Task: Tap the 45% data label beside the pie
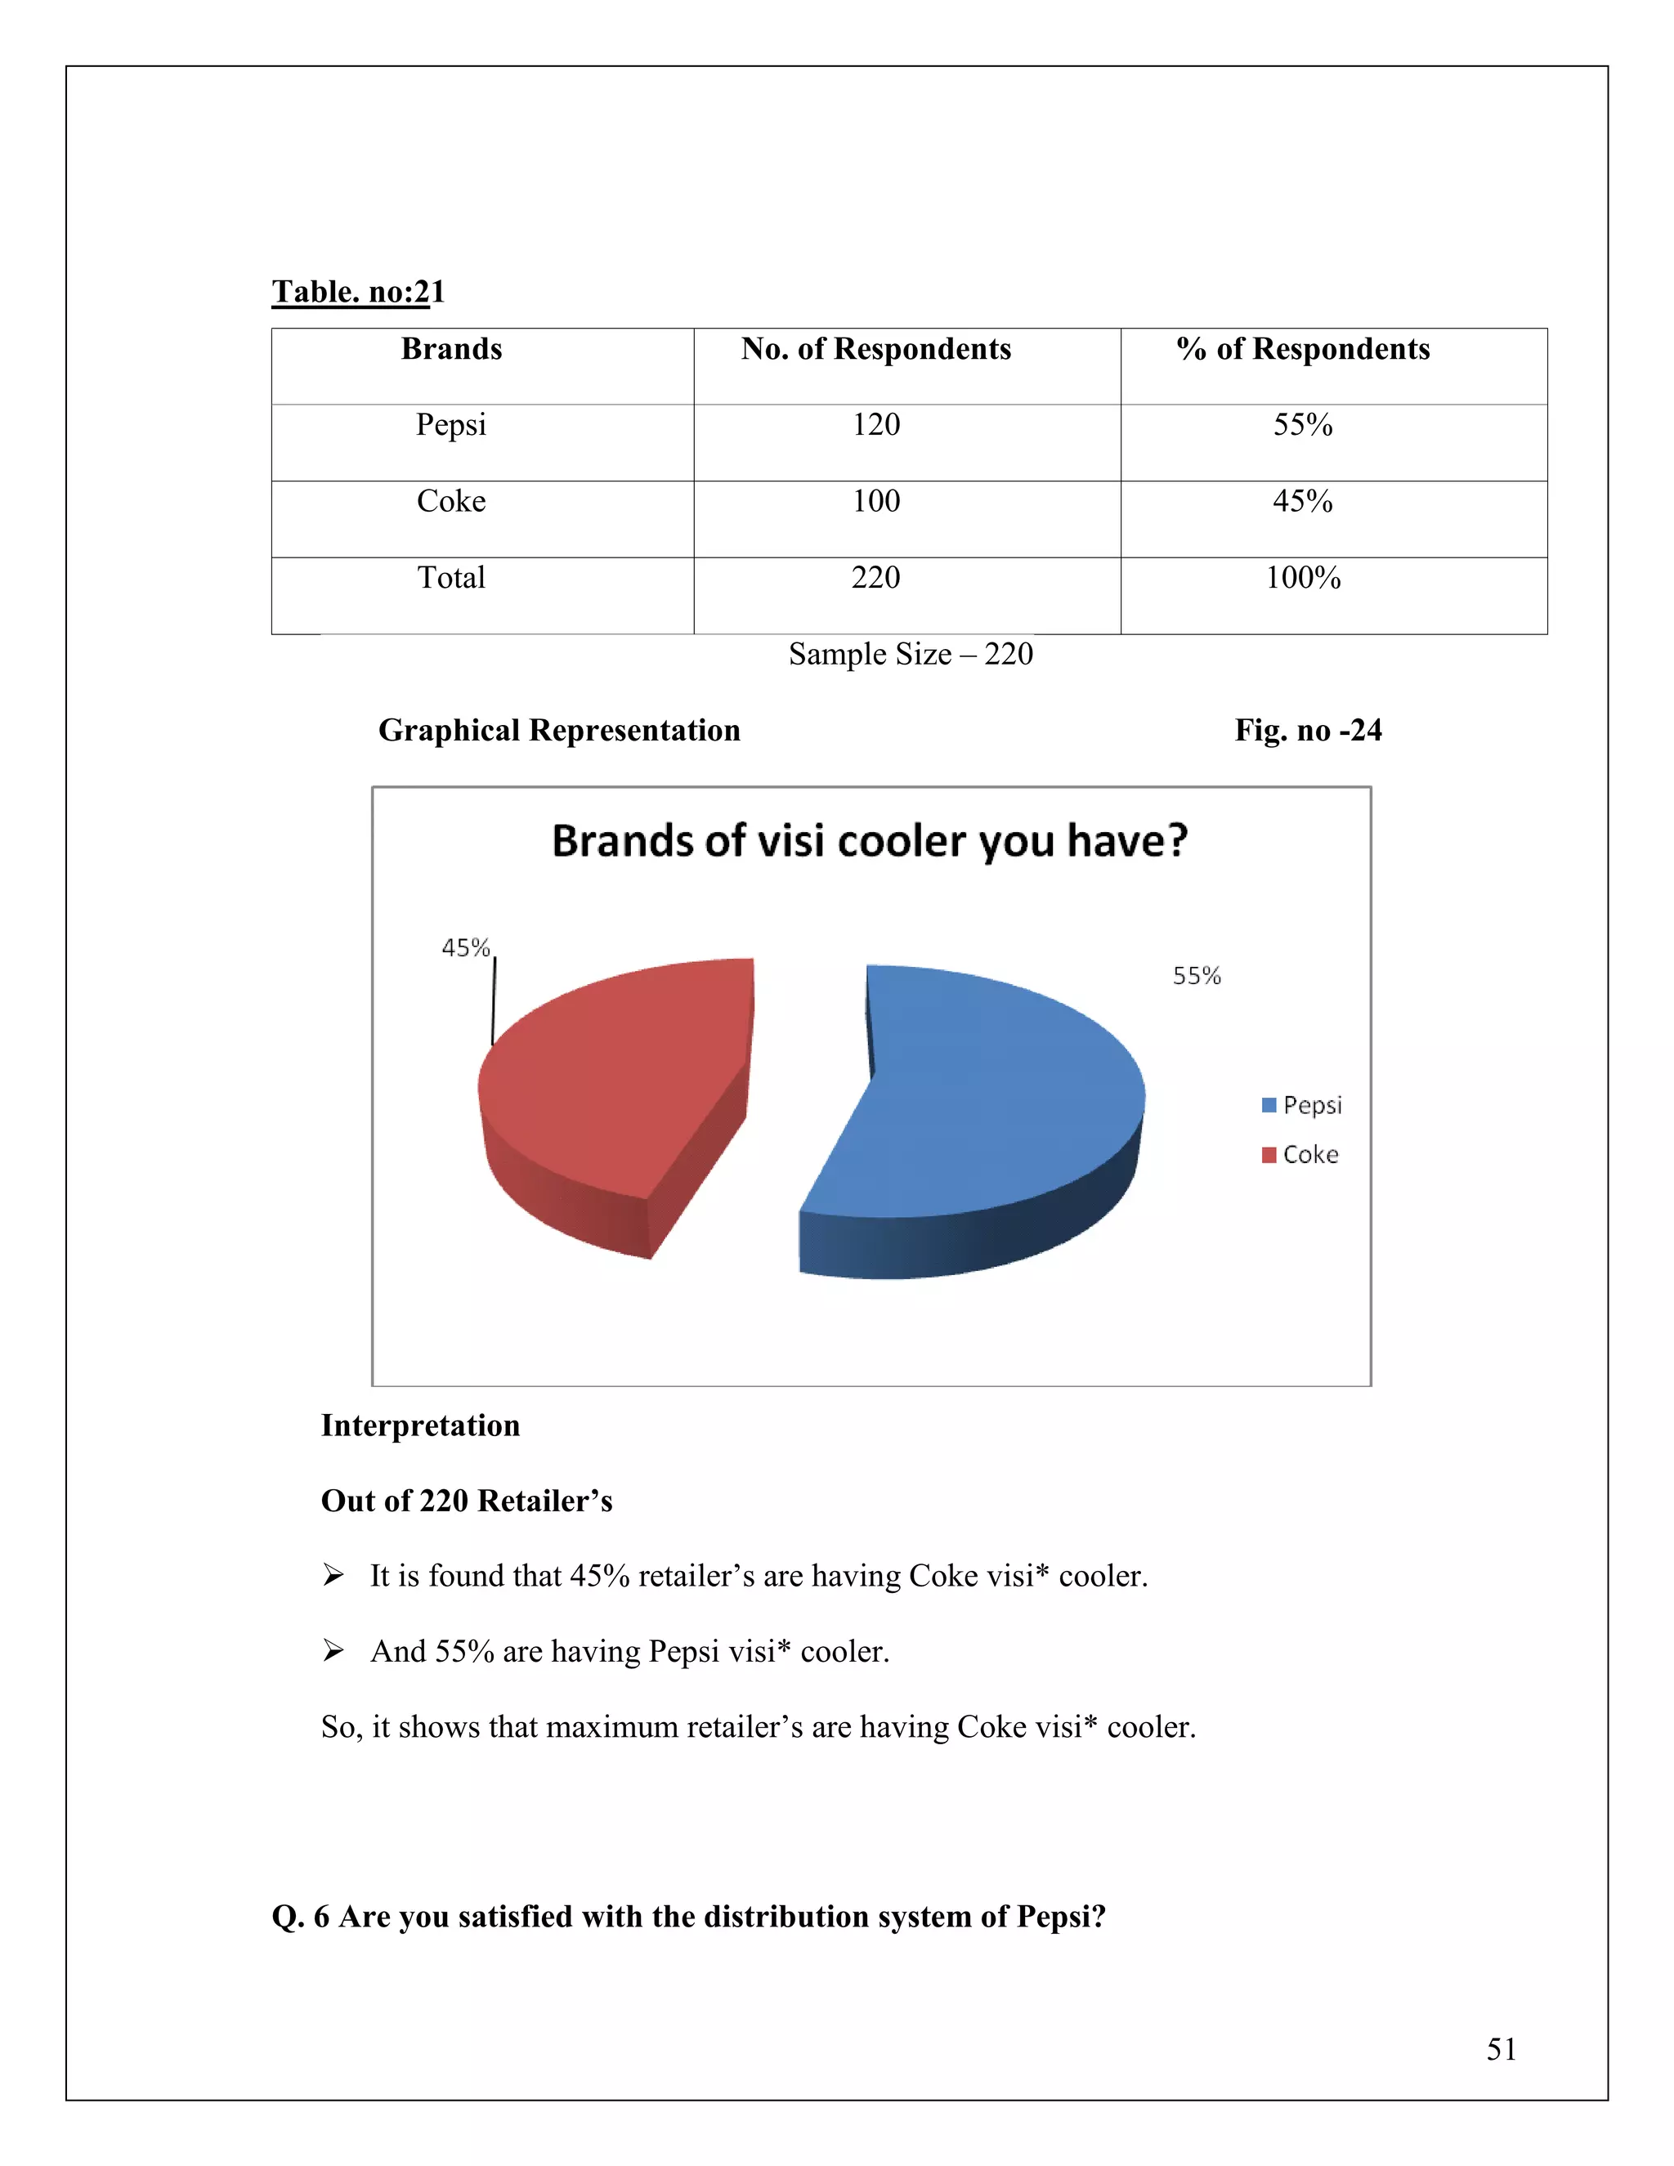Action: coord(465,948)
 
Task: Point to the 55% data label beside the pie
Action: coord(1196,976)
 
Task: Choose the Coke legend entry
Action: coord(1300,1154)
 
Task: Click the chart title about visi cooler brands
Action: coord(869,841)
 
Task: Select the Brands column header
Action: coord(451,349)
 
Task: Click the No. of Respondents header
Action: coord(875,349)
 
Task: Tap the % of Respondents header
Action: coord(1302,349)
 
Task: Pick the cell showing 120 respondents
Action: coord(875,424)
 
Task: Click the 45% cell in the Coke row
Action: coord(1302,501)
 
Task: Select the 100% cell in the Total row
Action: coord(1302,577)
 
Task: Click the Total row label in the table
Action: coord(451,577)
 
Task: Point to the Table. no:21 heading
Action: coord(358,292)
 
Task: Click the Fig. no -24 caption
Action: coord(1307,731)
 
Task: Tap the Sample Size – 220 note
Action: coord(911,655)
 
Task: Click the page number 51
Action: coord(1501,2049)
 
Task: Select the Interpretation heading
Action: coord(420,1425)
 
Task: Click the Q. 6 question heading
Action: coord(688,1916)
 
